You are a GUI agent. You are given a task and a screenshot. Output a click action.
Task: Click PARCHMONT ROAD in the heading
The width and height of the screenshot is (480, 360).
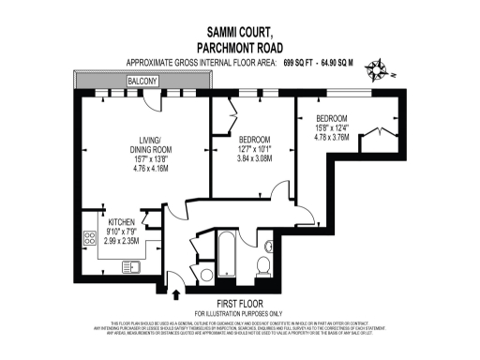pos(238,48)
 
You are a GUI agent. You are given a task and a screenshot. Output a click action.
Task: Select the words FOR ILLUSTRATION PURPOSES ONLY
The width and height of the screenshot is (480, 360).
pos(238,313)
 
